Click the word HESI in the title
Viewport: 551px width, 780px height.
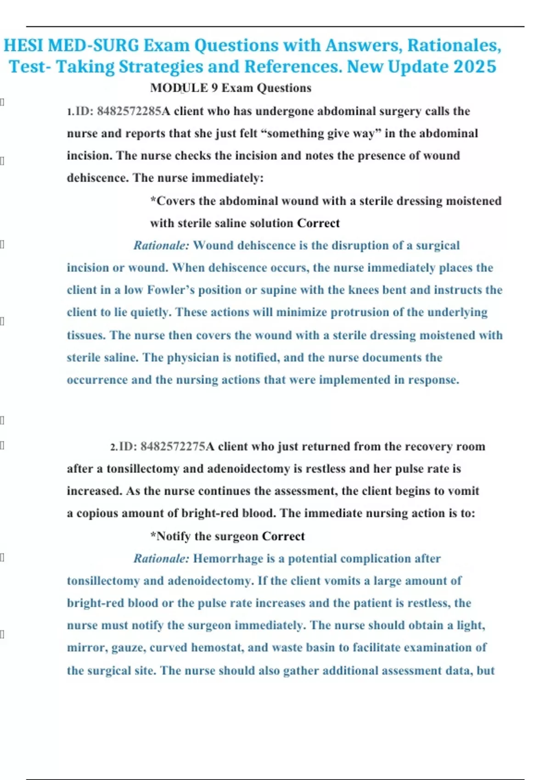coord(23,45)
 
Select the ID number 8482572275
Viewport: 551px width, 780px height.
coord(173,447)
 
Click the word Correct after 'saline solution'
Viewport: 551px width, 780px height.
coord(318,223)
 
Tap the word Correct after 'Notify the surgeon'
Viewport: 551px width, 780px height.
coord(283,536)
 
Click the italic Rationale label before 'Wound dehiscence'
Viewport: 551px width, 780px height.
coord(161,245)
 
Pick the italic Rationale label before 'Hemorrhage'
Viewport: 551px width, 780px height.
coord(161,559)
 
